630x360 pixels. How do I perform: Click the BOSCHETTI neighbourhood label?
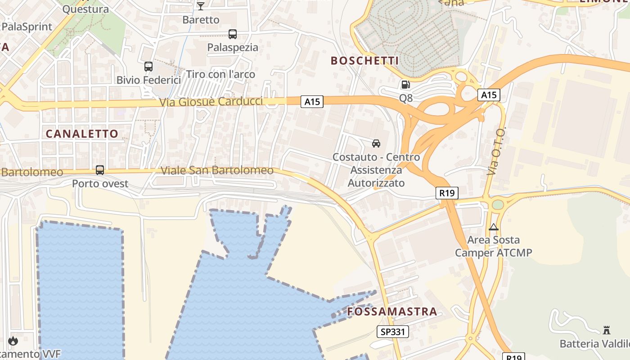tap(365, 61)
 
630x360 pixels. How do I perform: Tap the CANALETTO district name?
tap(82, 134)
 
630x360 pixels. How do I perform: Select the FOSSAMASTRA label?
tap(392, 311)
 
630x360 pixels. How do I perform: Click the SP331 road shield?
tap(393, 332)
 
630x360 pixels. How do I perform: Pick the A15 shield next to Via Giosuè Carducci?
tap(312, 102)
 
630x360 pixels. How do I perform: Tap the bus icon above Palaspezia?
tap(233, 34)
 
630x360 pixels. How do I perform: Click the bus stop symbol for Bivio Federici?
tap(148, 67)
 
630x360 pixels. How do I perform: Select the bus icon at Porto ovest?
tap(100, 170)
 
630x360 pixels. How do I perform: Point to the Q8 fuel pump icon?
tap(405, 85)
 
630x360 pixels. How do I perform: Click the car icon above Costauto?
tap(376, 144)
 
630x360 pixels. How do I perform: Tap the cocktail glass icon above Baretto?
tap(201, 6)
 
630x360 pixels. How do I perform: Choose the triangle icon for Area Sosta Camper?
tap(494, 227)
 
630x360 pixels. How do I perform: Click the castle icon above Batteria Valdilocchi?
tap(607, 330)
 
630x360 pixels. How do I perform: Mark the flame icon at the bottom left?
tap(13, 341)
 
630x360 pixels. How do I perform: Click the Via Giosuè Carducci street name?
tap(211, 102)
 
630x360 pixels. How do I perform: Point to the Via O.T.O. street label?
tap(496, 151)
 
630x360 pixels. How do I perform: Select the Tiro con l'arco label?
tap(220, 74)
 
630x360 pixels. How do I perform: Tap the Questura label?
tap(85, 9)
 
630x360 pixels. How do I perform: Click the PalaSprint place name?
tap(27, 27)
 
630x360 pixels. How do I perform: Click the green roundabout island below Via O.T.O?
tap(498, 205)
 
